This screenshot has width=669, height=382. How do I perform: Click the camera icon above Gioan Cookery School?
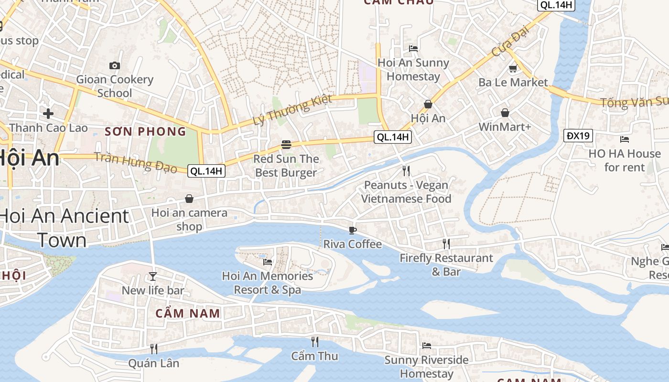click(115, 66)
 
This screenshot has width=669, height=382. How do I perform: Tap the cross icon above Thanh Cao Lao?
click(48, 114)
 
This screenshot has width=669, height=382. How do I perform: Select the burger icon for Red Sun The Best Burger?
click(286, 144)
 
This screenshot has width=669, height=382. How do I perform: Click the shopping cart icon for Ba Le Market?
click(513, 69)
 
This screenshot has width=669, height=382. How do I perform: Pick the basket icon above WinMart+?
click(505, 113)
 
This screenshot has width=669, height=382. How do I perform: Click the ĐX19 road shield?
click(578, 136)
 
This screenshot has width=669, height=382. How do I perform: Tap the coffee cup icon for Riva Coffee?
click(353, 230)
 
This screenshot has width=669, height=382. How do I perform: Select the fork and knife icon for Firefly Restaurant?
click(446, 244)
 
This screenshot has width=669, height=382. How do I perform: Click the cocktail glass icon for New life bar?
click(152, 276)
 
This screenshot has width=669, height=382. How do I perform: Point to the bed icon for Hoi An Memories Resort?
click(268, 262)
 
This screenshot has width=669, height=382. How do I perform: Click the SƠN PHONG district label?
click(145, 132)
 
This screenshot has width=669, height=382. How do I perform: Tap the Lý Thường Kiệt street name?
click(292, 110)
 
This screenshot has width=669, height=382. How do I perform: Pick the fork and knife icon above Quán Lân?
click(154, 349)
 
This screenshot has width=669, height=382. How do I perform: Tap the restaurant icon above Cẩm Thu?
click(314, 342)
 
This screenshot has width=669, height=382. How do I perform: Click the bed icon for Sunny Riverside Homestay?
click(427, 345)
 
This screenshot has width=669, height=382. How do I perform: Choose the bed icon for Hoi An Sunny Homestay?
click(413, 48)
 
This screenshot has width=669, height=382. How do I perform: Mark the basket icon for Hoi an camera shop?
click(189, 199)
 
